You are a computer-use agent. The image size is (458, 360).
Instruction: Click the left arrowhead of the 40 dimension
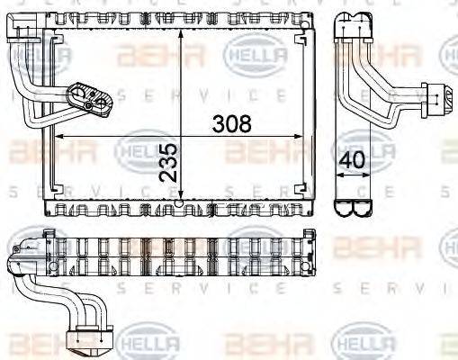point(337,176)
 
